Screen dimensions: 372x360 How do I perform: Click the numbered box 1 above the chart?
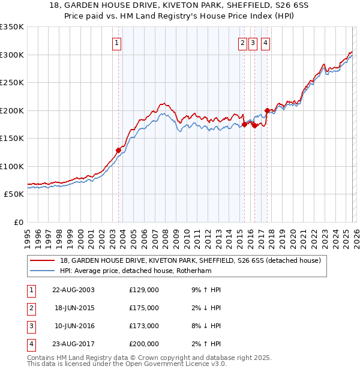click(116, 43)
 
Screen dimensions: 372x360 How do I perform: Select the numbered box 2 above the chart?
click(242, 43)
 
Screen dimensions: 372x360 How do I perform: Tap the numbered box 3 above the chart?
click(253, 43)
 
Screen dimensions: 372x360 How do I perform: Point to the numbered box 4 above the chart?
click(265, 43)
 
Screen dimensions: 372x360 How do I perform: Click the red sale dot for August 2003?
click(118, 151)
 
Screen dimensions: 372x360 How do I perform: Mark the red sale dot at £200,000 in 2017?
click(267, 110)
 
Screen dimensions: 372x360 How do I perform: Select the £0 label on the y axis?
click(18, 222)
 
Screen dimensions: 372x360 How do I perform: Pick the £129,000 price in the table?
click(143, 290)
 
